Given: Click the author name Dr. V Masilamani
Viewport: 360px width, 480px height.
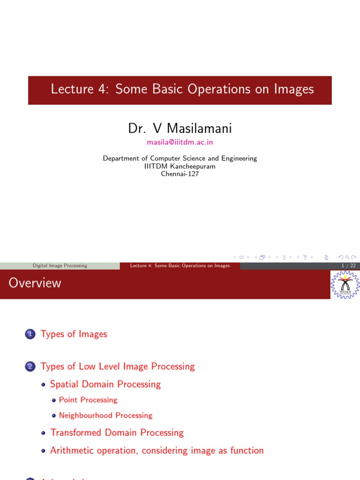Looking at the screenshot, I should click(x=180, y=128).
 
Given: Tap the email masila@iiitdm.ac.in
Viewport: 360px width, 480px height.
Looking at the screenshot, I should click(x=180, y=142).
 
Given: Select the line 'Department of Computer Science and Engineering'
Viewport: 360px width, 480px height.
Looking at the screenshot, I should click(x=180, y=158).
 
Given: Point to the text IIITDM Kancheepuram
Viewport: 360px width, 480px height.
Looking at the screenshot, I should click(x=180, y=166).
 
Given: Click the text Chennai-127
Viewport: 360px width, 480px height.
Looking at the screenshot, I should click(x=180, y=174).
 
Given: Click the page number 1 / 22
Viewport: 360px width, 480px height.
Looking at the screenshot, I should click(x=349, y=266).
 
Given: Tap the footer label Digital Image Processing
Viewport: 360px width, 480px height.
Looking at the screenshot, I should click(x=60, y=266).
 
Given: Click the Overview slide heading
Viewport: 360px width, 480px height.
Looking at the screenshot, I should click(x=35, y=283).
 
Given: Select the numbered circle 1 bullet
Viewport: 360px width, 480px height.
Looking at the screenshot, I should click(x=30, y=334).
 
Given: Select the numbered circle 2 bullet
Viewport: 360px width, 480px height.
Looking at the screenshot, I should click(x=30, y=367).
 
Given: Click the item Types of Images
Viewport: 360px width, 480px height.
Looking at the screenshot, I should click(x=74, y=334).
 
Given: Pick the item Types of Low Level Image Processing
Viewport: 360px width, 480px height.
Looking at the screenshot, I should click(x=118, y=367).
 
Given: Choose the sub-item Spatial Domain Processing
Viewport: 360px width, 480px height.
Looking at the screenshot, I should click(x=105, y=384).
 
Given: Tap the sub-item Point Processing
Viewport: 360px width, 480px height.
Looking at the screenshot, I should click(x=88, y=400).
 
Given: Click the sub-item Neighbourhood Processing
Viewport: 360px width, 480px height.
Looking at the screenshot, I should click(x=105, y=415).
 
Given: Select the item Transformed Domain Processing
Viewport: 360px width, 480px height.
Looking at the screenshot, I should click(x=117, y=433).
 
